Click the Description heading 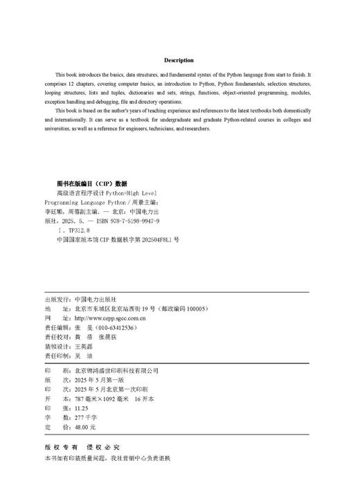179,60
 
